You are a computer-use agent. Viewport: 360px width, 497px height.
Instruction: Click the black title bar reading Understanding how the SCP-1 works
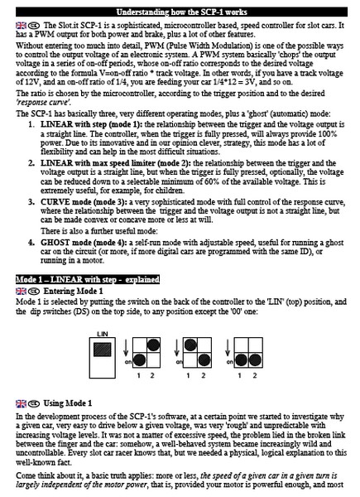(181, 12)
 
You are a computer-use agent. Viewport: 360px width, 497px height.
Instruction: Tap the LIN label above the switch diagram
(103, 334)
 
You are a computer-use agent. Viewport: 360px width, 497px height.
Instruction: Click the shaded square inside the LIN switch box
(103, 350)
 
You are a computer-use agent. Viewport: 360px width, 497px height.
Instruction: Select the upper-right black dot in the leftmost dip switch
(153, 345)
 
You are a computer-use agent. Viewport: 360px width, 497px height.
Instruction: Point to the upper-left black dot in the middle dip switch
(190, 345)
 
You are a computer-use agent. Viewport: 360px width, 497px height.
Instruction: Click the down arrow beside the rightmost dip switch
(228, 348)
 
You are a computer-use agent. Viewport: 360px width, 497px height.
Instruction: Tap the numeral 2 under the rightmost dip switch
(255, 375)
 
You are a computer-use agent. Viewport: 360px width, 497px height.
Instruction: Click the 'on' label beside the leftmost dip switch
(128, 362)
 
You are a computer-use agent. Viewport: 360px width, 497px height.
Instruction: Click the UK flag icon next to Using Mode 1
(21, 403)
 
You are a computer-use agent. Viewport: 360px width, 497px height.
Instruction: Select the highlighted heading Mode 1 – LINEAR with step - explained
(88, 280)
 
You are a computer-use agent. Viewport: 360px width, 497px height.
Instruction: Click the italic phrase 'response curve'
(43, 103)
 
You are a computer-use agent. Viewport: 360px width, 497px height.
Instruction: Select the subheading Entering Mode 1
(73, 291)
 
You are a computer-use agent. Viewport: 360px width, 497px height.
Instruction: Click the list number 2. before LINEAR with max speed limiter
(31, 163)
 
